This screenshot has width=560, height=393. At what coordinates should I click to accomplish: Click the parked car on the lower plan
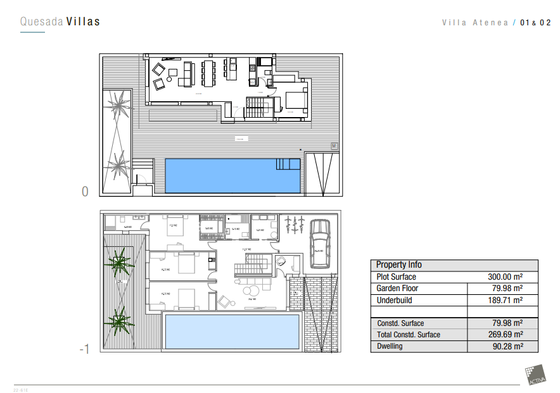click(x=319, y=244)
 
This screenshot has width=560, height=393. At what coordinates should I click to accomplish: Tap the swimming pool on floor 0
click(x=232, y=175)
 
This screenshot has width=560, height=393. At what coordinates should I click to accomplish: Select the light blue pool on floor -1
click(x=231, y=330)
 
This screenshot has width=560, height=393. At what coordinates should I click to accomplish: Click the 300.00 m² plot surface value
click(x=504, y=277)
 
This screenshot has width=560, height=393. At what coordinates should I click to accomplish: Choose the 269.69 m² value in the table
click(x=504, y=335)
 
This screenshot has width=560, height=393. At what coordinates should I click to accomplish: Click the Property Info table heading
click(x=399, y=265)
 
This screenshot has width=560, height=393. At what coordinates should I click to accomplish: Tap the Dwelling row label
click(x=390, y=346)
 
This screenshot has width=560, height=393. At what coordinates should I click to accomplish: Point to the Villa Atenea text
click(x=475, y=23)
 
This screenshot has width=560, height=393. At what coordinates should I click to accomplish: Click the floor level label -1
click(x=85, y=349)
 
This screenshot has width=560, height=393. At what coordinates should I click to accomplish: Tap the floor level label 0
click(x=85, y=191)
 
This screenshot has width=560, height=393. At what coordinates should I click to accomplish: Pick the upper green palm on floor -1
click(x=118, y=261)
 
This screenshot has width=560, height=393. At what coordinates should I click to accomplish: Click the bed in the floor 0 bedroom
click(x=294, y=100)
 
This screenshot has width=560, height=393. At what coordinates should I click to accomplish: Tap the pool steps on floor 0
click(x=288, y=165)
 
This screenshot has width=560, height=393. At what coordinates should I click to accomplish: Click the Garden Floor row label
click(x=397, y=289)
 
